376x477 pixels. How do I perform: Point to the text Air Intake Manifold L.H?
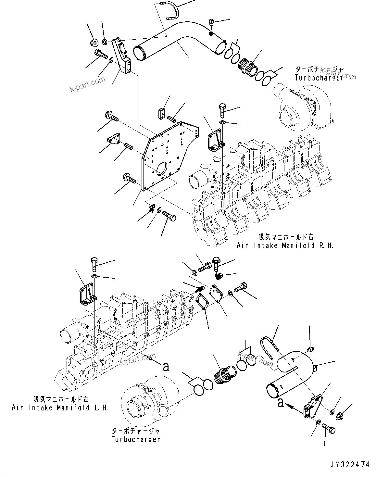(60, 408)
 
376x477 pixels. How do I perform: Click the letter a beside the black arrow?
(281, 403)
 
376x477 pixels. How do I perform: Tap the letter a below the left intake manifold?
(166, 367)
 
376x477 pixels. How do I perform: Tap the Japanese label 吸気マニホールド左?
(60, 399)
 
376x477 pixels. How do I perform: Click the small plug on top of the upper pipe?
(211, 22)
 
